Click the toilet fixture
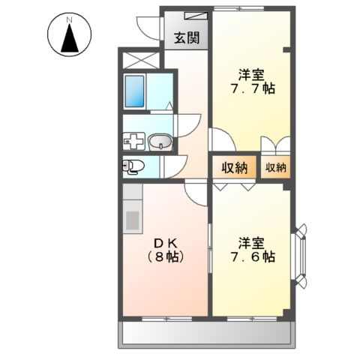pyautogui.click(x=132, y=166)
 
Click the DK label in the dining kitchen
pyautogui.click(x=165, y=242)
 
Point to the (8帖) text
pyautogui.click(x=166, y=256)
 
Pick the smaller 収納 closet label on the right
pyautogui.click(x=275, y=168)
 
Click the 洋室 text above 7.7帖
pyautogui.click(x=252, y=74)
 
